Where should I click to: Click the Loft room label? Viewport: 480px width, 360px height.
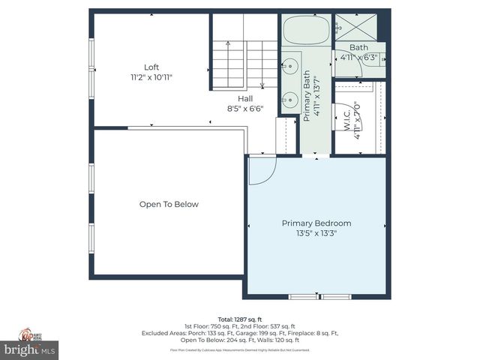click(x=151, y=67)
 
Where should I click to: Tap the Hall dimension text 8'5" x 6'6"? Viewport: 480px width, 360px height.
click(x=245, y=108)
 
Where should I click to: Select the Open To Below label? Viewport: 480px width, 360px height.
click(x=169, y=204)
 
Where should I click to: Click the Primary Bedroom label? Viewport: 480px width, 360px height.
click(x=316, y=223)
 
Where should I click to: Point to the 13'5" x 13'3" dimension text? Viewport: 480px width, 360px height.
click(x=316, y=233)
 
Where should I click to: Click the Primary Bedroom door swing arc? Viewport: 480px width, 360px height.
click(x=262, y=171)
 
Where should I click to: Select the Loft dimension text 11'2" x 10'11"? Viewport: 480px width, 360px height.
click(x=151, y=77)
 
